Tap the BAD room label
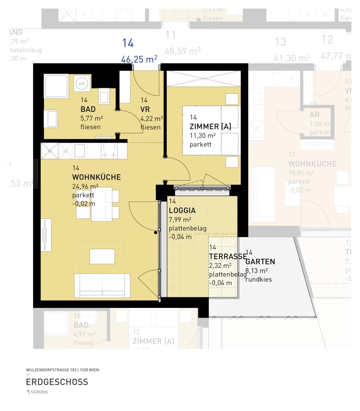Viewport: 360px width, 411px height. [88, 109]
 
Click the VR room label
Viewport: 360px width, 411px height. [145, 109]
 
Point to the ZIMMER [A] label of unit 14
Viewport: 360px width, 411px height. [210, 126]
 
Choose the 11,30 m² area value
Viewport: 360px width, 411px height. [203, 135]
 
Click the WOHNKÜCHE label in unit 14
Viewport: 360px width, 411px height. [96, 177]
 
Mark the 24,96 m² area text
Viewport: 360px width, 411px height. [85, 186]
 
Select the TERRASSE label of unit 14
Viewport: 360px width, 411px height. [227, 256]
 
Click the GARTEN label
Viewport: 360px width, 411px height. [260, 262]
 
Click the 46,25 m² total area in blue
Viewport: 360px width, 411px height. [139, 59]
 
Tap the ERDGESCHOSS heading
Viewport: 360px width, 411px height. [57, 382]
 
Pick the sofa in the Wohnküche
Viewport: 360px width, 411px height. [102, 286]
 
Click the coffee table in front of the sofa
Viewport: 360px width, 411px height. [102, 256]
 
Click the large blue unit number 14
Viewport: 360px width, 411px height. [128, 43]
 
